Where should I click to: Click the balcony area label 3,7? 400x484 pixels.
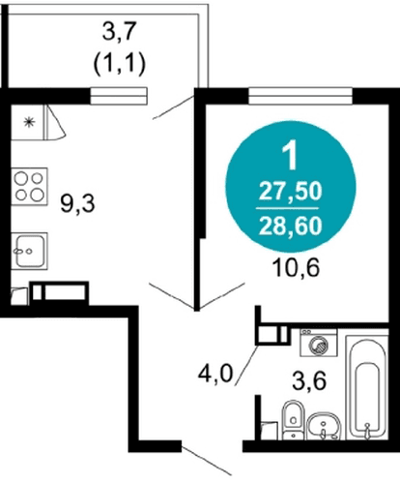click(118, 32)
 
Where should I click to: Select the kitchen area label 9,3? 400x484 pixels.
click(77, 204)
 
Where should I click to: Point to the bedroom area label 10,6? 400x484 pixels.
click(296, 268)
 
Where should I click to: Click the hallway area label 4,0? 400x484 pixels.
click(215, 374)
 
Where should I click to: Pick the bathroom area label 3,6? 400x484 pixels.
click(309, 380)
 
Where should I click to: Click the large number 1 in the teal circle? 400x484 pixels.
click(291, 157)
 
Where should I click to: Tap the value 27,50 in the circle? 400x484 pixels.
click(291, 192)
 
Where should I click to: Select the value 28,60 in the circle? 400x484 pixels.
click(291, 226)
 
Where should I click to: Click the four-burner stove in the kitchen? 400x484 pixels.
click(29, 186)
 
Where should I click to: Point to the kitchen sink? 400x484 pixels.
click(29, 251)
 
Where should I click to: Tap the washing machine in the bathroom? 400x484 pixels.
click(319, 343)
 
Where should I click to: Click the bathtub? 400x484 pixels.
click(367, 387)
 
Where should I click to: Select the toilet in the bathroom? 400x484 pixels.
click(293, 420)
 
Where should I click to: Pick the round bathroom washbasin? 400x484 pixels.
click(324, 426)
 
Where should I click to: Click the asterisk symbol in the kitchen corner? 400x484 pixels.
click(29, 122)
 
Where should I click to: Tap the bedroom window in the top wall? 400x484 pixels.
click(300, 96)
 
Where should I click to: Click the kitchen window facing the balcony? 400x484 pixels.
click(119, 96)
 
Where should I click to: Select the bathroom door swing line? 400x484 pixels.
click(246, 365)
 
